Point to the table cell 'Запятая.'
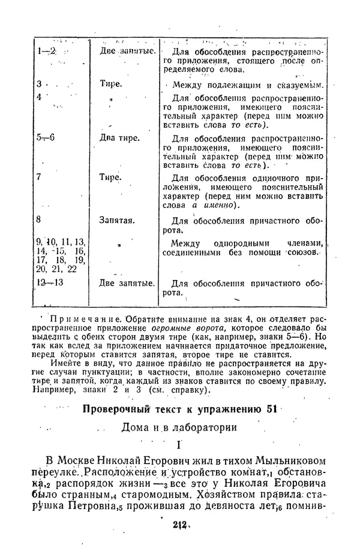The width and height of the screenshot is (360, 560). point(118,220)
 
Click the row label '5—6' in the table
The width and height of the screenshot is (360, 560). point(45,137)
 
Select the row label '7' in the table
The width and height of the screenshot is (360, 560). point(38,178)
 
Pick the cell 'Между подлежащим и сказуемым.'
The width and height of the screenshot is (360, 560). point(247,85)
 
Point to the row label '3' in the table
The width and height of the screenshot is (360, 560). point(38,84)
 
